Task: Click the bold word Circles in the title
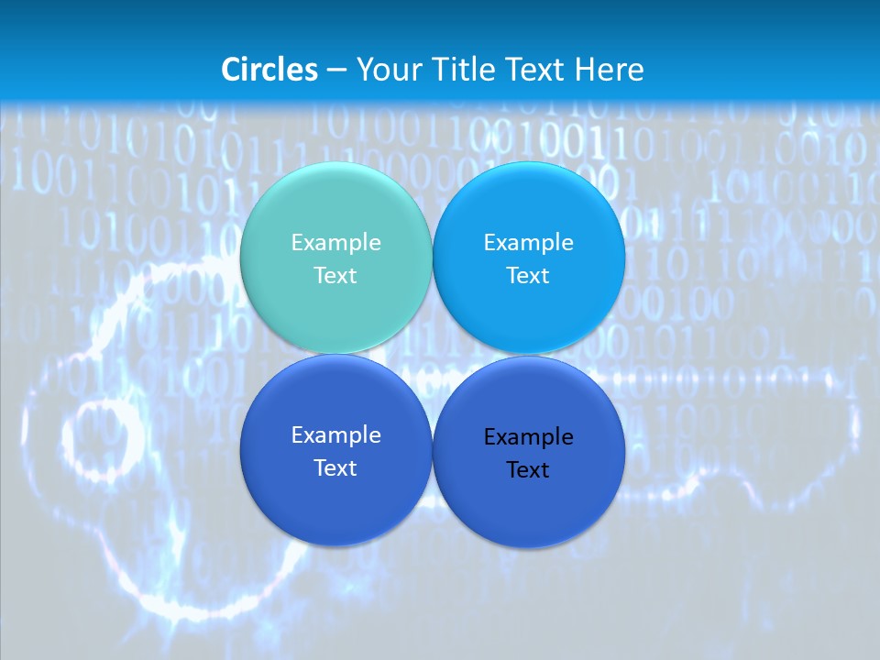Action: [269, 70]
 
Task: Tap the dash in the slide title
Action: [336, 71]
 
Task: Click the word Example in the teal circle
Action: [335, 242]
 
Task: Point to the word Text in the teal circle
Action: [335, 275]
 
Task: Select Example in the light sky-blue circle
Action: [528, 242]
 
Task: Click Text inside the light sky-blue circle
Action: [528, 275]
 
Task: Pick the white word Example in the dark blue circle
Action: [335, 434]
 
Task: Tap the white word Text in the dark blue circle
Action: [335, 467]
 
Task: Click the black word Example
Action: [528, 436]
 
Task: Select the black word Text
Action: [528, 469]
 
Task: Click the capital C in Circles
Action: [230, 70]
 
